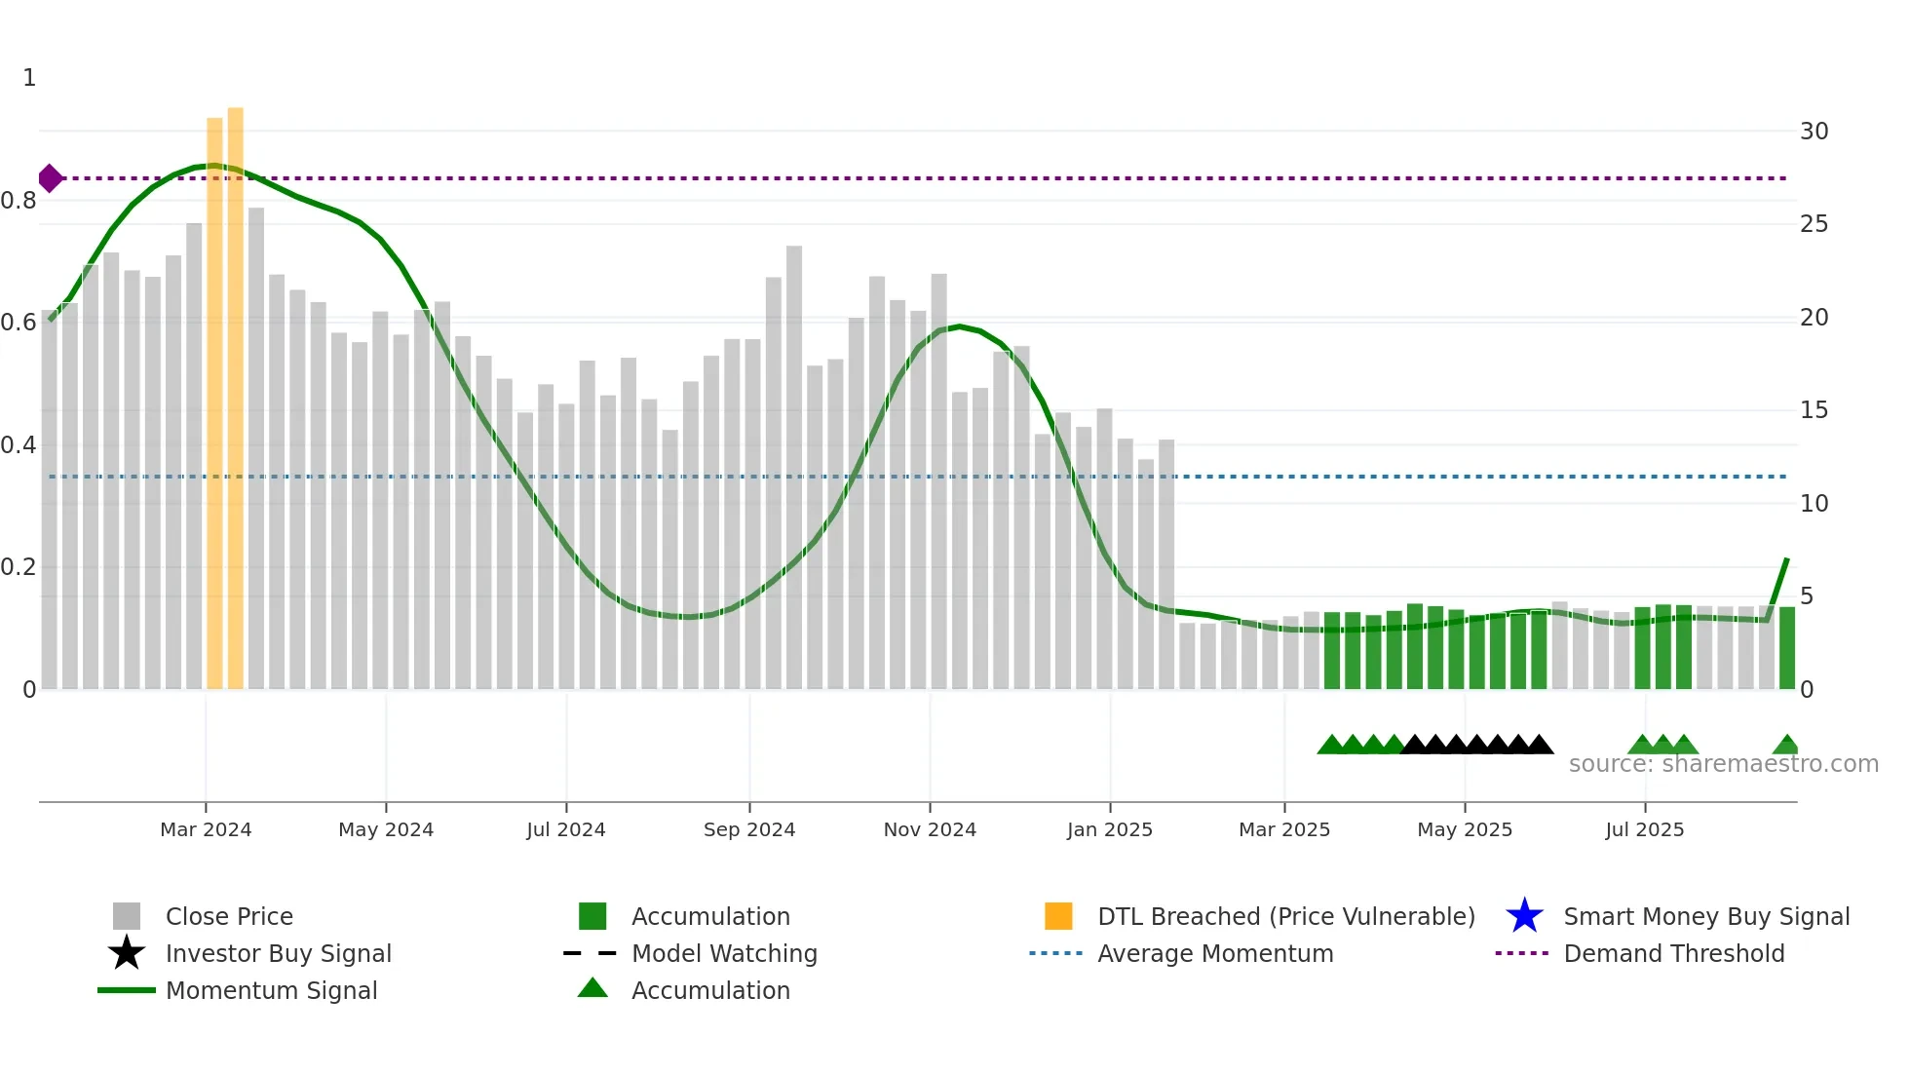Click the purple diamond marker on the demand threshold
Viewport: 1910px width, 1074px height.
50,178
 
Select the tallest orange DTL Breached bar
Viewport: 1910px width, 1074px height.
235,390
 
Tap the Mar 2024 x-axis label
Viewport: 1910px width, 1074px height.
206,829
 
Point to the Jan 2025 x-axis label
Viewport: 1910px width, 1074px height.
1109,829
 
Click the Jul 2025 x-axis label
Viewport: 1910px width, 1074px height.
1644,829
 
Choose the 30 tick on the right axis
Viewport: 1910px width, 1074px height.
1814,132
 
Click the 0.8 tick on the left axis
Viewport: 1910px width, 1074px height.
19,201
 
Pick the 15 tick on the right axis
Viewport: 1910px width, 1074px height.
1814,410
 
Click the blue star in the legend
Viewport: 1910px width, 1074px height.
1524,916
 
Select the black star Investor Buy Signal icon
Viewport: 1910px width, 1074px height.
127,953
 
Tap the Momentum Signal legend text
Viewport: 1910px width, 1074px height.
271,990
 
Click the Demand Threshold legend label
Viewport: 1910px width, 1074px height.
1673,953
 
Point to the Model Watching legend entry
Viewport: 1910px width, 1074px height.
724,953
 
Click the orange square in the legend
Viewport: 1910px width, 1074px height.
1058,916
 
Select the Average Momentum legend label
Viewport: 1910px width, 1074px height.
1214,953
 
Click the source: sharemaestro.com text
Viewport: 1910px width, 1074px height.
1723,764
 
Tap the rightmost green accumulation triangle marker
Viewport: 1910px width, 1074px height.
1785,746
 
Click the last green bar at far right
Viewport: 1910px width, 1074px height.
1786,648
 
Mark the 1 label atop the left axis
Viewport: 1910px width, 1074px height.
29,78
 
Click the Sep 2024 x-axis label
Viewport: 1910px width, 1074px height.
748,829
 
